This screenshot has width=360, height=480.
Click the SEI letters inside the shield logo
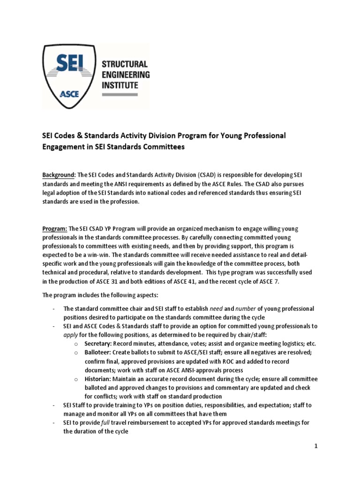pyautogui.click(x=68, y=64)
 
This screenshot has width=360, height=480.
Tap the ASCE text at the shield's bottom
pyautogui.click(x=69, y=93)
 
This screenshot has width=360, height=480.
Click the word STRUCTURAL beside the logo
pyautogui.click(x=125, y=64)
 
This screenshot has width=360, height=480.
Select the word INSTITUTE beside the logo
pyautogui.click(x=120, y=85)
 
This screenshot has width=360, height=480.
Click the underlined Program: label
pyautogui.click(x=55, y=228)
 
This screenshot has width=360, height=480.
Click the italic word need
pyautogui.click(x=217, y=308)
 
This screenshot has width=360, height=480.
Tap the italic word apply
pyautogui.click(x=70, y=334)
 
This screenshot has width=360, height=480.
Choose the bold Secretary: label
pyautogui.click(x=99, y=343)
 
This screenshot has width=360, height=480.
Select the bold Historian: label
pyautogui.click(x=98, y=379)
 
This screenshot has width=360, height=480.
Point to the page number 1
pyautogui.click(x=316, y=446)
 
